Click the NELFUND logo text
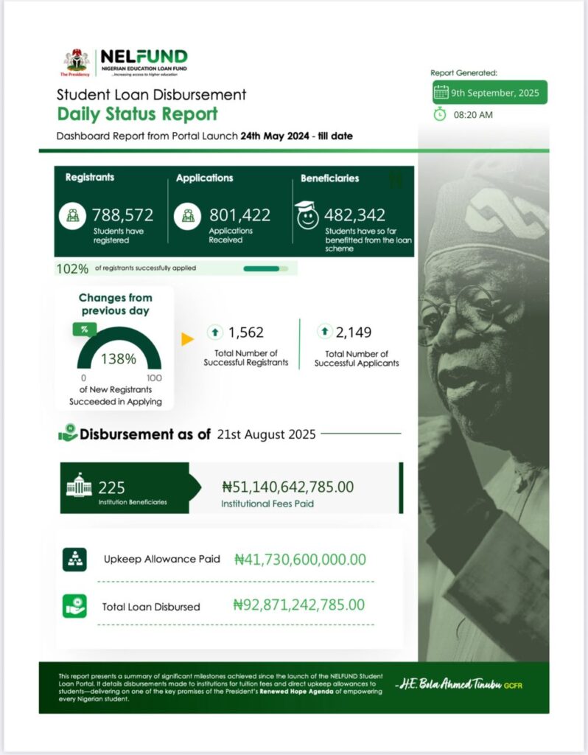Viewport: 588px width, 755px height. (x=143, y=57)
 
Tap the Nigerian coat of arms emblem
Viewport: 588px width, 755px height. (x=76, y=59)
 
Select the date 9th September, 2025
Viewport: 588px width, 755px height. (x=495, y=93)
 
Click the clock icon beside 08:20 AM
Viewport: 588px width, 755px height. (x=440, y=115)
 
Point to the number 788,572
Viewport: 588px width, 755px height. (x=122, y=215)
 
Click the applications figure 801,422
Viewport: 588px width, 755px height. (x=239, y=215)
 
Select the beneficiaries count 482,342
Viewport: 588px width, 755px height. (x=355, y=215)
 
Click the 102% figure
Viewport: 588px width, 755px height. (x=68, y=268)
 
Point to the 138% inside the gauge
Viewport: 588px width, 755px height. (x=119, y=359)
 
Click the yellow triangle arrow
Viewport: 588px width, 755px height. (x=187, y=339)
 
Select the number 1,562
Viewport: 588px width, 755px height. (x=245, y=333)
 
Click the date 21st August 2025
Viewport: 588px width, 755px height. (x=266, y=434)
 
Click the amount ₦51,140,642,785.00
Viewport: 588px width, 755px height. (x=287, y=487)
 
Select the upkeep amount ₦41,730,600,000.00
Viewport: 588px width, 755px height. (x=299, y=560)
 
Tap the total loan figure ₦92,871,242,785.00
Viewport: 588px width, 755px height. (x=298, y=605)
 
